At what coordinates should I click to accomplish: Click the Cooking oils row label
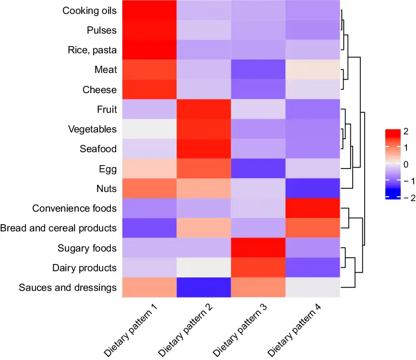(90, 11)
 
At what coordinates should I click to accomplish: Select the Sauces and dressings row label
(68, 288)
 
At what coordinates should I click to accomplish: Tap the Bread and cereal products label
(59, 228)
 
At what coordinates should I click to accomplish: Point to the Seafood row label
(98, 149)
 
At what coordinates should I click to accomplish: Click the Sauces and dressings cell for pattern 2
(204, 288)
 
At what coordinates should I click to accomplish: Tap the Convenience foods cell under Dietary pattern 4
(313, 208)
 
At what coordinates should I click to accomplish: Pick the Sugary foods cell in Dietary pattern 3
(258, 248)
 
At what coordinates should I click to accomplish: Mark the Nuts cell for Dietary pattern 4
(313, 189)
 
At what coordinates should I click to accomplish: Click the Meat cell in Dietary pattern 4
(313, 70)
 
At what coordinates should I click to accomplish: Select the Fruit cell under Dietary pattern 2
(204, 109)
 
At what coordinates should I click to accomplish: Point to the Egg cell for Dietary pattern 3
(258, 169)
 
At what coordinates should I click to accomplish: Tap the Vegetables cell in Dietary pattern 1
(149, 129)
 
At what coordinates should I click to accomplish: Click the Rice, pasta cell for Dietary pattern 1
(149, 50)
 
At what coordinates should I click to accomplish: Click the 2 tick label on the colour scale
(406, 132)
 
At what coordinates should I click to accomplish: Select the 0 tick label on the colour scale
(406, 165)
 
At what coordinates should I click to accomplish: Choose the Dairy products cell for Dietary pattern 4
(313, 268)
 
